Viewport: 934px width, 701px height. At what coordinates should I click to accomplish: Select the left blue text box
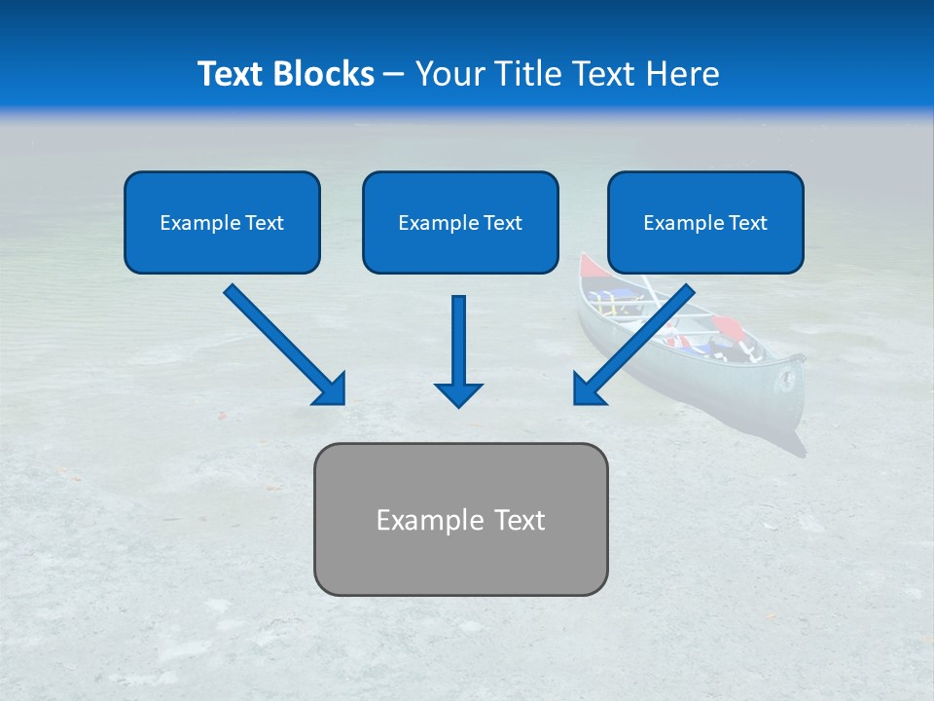222,222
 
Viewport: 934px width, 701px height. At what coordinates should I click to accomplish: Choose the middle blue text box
460,222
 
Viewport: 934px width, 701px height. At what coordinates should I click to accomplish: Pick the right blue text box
705,222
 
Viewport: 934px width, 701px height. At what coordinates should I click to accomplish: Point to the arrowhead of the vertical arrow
459,394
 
